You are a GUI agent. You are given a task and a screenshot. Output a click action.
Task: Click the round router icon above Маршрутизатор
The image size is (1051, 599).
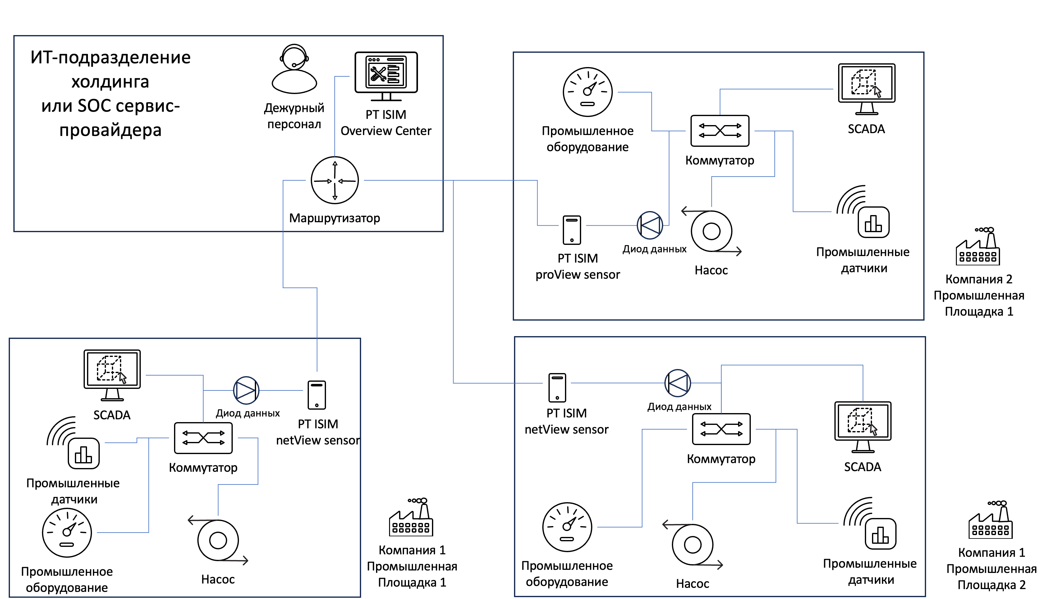pos(334,180)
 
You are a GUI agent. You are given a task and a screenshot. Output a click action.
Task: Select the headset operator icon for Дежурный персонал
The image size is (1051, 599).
pos(294,69)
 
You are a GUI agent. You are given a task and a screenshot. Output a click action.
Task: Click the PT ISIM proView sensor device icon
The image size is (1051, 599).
pos(571,230)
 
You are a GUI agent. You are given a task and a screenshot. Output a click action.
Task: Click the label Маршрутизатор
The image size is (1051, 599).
pos(334,218)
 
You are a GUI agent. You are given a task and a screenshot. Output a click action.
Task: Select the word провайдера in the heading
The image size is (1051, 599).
pos(110,130)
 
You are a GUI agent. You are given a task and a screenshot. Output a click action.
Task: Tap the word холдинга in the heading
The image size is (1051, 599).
pos(110,81)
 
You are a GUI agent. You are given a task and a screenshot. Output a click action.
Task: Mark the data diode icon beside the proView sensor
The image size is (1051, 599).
pos(649,225)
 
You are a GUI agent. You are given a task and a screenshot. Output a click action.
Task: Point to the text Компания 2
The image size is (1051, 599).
pos(979,279)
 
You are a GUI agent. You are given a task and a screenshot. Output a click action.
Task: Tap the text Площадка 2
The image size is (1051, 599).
pos(991,585)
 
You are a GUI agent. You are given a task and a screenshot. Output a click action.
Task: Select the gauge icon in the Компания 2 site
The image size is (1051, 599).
pos(587,92)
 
